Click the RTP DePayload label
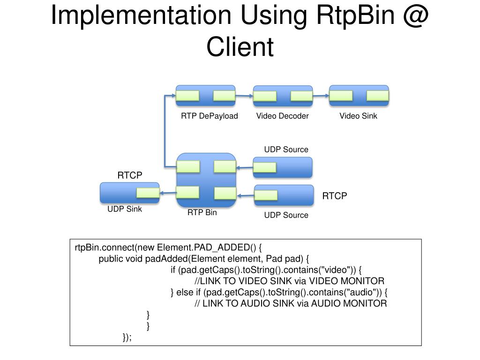pyautogui.click(x=210, y=116)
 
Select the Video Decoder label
pyautogui.click(x=282, y=116)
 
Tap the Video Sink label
pyautogui.click(x=358, y=116)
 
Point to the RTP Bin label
pyautogui.click(x=202, y=213)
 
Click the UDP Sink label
pyautogui.click(x=124, y=209)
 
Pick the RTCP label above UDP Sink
pyautogui.click(x=129, y=176)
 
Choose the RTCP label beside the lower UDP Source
pyautogui.click(x=334, y=196)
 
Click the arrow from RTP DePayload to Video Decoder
pyautogui.click(x=244, y=96)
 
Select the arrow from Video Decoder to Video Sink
pyautogui.click(x=321, y=96)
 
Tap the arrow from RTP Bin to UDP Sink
pyautogui.click(x=167, y=193)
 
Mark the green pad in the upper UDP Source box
pyautogui.click(x=264, y=167)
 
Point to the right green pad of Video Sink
pyautogui.click(x=377, y=96)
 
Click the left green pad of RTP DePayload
pyautogui.click(x=187, y=96)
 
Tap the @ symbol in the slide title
pyautogui.click(x=414, y=15)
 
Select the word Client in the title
pyautogui.click(x=240, y=47)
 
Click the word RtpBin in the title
pyautogui.click(x=349, y=15)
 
